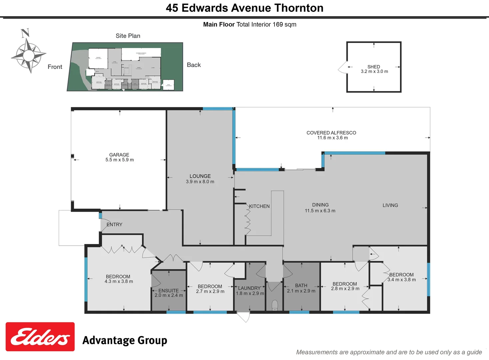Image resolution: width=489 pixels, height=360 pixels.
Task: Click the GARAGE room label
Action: [119, 155]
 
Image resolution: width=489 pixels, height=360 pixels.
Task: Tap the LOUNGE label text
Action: [200, 176]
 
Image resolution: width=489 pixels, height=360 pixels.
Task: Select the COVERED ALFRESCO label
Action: [331, 133]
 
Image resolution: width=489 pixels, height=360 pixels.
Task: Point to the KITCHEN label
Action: [259, 206]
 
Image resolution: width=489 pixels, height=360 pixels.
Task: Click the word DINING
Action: [320, 205]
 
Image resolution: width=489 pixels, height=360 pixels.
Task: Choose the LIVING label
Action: [390, 205]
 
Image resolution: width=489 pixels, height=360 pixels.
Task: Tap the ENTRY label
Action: [115, 224]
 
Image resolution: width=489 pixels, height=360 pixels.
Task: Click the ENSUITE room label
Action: [169, 291]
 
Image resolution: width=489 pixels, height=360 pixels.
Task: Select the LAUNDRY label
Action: [249, 288]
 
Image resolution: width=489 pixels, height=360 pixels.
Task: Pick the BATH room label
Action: [301, 285]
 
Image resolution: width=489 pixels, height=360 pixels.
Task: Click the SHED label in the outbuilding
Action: [374, 67]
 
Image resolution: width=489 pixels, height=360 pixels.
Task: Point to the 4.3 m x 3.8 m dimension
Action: [119, 281]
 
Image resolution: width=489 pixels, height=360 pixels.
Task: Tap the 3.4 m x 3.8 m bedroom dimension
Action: [402, 280]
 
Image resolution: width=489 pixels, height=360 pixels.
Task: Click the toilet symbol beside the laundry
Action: [275, 305]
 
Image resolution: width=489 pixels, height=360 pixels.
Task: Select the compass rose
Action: [29, 55]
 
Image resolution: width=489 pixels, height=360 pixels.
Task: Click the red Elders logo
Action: [40, 337]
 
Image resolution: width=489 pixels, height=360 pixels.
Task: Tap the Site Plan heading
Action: [128, 36]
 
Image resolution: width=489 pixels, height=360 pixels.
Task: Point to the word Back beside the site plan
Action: [194, 65]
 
